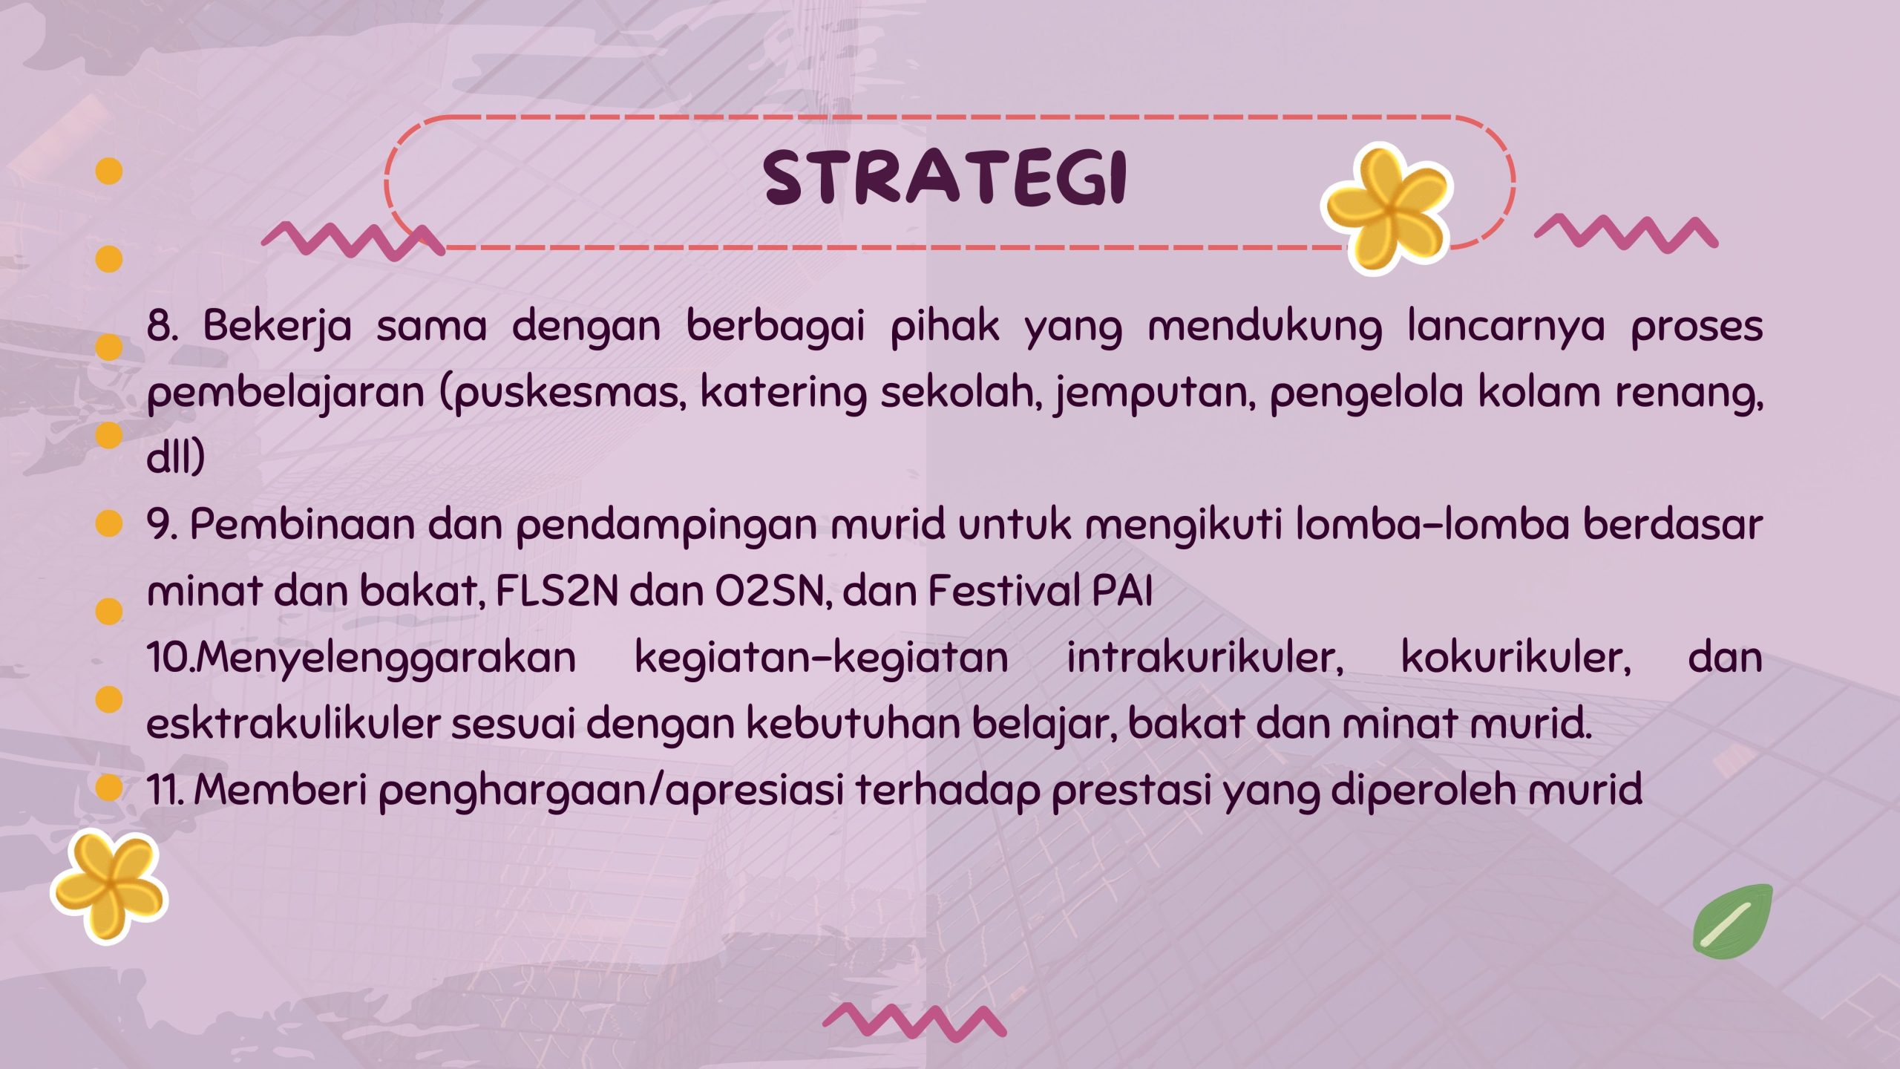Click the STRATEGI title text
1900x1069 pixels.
[946, 177]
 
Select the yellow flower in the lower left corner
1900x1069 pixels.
[109, 886]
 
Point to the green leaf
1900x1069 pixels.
[1733, 921]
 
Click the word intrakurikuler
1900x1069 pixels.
[1205, 658]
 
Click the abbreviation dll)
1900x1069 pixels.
[176, 457]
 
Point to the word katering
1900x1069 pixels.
[783, 393]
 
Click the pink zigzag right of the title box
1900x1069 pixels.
[1626, 235]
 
